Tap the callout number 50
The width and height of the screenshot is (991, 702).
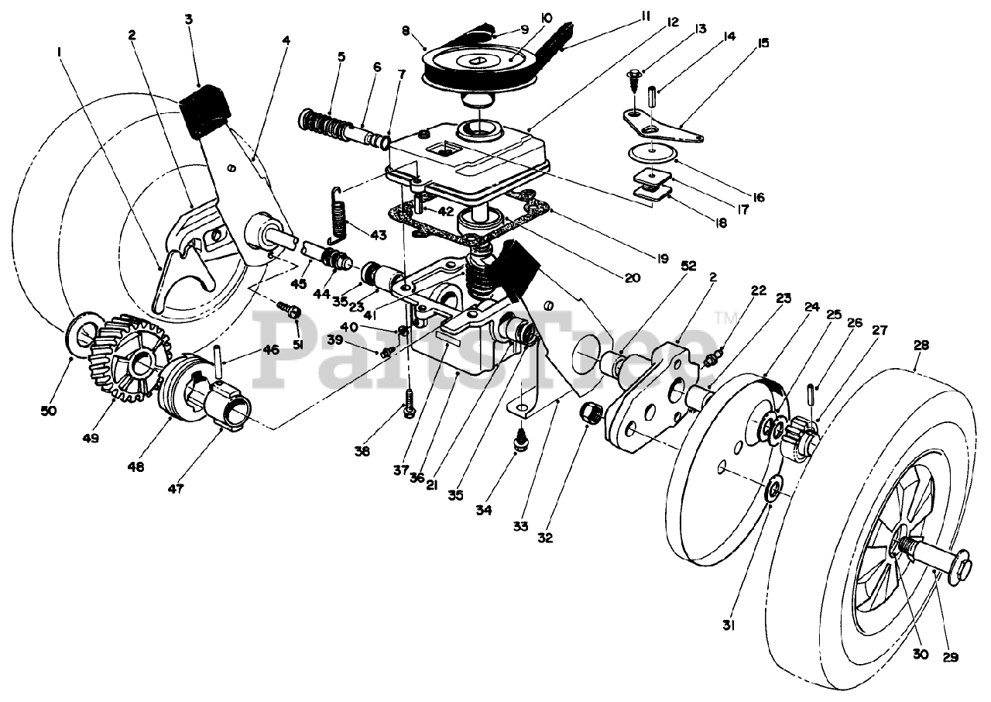[x=49, y=411]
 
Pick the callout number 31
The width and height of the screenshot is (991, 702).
[x=729, y=626]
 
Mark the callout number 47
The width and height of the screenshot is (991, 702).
[x=176, y=489]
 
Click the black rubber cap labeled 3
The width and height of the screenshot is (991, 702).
[x=204, y=113]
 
